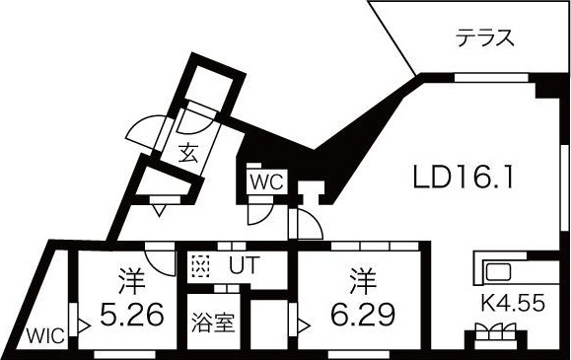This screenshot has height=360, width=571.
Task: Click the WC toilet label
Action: (266, 181)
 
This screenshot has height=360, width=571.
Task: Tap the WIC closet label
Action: (45, 335)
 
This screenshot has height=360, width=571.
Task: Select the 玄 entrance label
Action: (187, 152)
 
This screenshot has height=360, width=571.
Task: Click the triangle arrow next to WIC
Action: (84, 323)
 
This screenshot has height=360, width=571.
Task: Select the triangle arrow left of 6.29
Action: (304, 321)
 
